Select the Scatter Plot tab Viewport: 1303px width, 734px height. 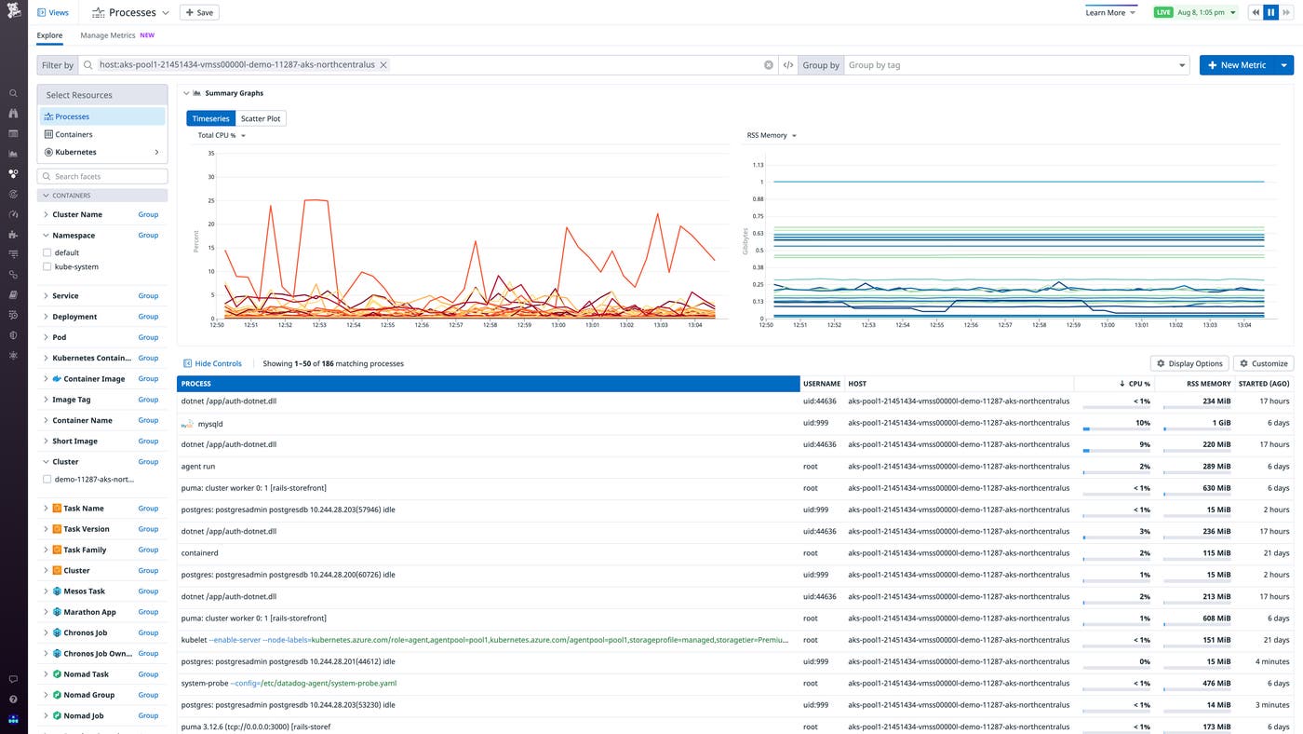261,118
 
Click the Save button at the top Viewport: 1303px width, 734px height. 199,12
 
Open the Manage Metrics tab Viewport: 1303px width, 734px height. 108,35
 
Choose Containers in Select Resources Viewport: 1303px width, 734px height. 74,134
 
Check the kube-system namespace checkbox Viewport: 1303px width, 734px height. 47,267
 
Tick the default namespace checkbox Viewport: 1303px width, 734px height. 47,252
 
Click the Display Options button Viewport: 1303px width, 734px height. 1189,363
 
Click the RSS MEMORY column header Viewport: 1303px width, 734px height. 1208,384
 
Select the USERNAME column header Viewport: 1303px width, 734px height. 822,384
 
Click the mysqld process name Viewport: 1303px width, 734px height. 210,424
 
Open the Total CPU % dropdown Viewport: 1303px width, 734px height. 222,136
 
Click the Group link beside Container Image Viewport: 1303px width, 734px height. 148,379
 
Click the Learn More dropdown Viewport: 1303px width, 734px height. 1110,12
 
